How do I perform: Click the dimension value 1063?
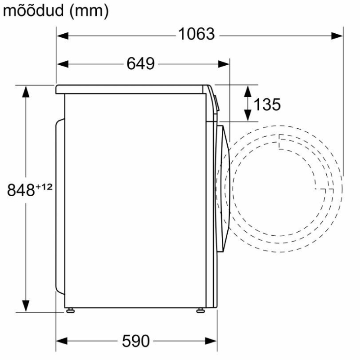(x=197, y=34)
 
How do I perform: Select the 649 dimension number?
(x=141, y=63)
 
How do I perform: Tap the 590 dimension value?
(x=136, y=341)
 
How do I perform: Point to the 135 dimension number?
(x=267, y=104)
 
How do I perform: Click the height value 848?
(x=21, y=190)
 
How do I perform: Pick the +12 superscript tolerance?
(x=44, y=187)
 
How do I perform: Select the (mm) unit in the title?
(x=89, y=11)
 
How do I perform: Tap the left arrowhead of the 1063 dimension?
(x=63, y=36)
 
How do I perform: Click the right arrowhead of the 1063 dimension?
(x=337, y=36)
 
